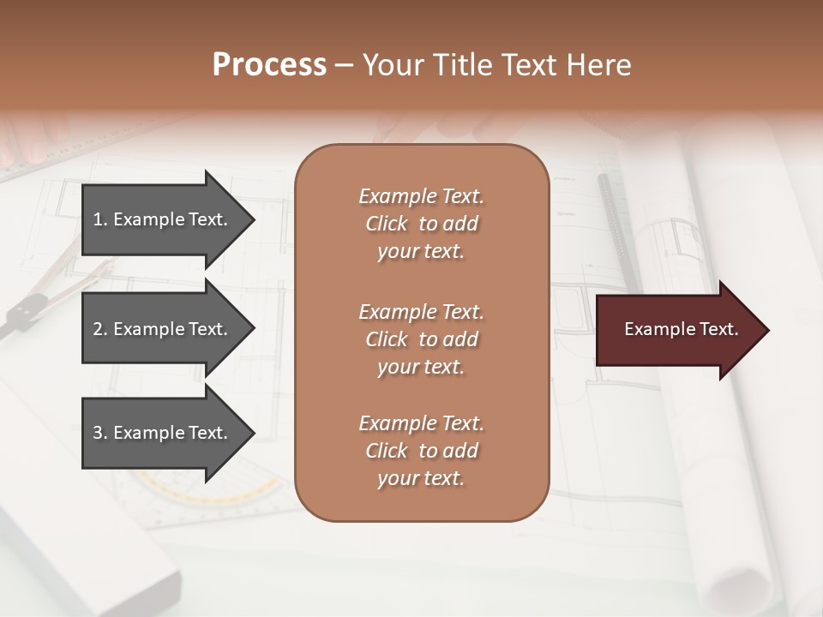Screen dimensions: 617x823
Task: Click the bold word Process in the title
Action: pyautogui.click(x=269, y=65)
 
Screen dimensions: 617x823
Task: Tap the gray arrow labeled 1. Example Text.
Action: pyautogui.click(x=163, y=219)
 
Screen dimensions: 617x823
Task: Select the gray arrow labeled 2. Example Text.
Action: pyautogui.click(x=163, y=329)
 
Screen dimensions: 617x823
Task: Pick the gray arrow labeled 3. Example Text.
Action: pyautogui.click(x=163, y=433)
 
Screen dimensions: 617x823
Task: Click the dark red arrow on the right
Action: pyautogui.click(x=677, y=330)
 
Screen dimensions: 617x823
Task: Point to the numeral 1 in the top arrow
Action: pyautogui.click(x=98, y=219)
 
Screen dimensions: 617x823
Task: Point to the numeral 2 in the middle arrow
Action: pyautogui.click(x=98, y=329)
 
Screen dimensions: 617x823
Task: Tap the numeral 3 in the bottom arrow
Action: pyautogui.click(x=98, y=433)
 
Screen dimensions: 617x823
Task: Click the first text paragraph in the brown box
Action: pyautogui.click(x=421, y=224)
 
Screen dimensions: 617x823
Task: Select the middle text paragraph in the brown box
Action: pyautogui.click(x=421, y=339)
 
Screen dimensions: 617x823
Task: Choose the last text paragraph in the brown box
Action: pyautogui.click(x=421, y=451)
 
